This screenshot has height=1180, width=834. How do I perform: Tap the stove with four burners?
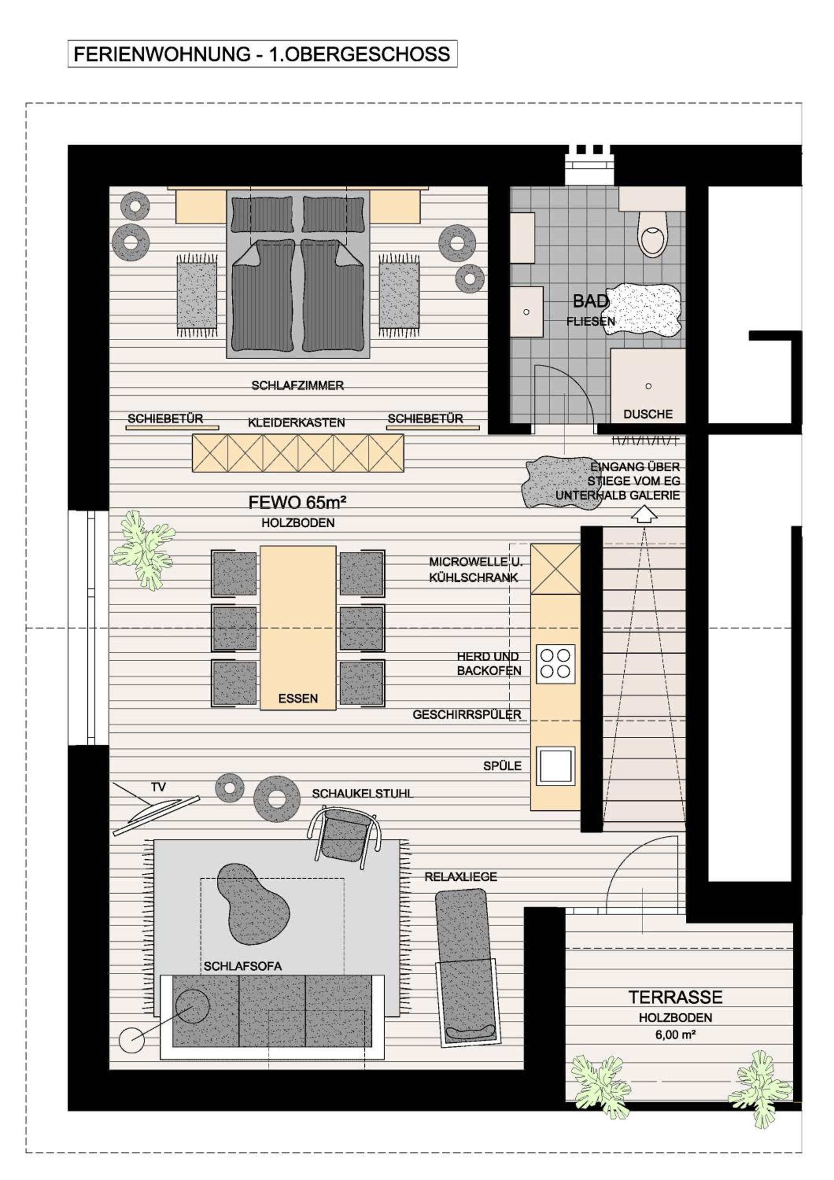[555, 664]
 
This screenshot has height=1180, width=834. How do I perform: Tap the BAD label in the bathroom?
[591, 301]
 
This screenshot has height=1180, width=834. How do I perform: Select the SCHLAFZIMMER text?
[297, 385]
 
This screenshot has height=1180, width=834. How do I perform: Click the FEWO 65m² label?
[297, 502]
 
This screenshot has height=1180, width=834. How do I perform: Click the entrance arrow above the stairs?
[644, 516]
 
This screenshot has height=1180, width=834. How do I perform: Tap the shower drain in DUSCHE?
[648, 386]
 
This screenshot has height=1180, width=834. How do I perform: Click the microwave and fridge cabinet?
[555, 569]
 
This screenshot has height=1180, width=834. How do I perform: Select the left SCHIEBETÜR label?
[166, 419]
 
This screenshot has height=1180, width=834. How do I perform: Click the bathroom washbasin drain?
[526, 312]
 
